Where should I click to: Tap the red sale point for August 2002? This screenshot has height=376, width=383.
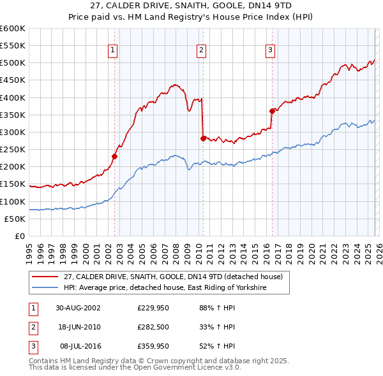click(x=115, y=156)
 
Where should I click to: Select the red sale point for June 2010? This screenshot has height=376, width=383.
click(x=203, y=138)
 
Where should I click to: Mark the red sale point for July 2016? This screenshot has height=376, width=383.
click(x=272, y=111)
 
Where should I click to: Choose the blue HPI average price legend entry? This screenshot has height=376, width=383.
click(x=164, y=288)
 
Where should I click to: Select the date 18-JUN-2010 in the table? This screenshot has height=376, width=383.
click(x=78, y=327)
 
